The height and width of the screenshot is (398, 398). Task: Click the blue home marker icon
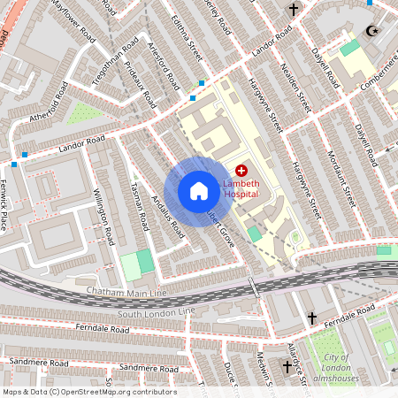[199, 191]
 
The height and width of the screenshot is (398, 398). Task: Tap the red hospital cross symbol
[241, 169]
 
